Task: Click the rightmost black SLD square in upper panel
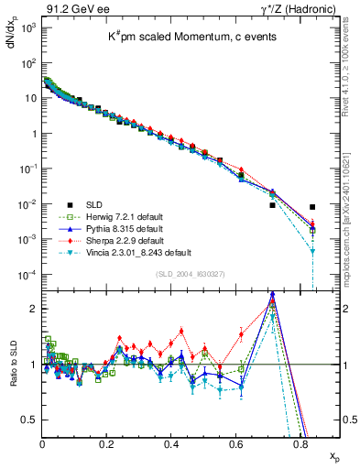312,207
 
